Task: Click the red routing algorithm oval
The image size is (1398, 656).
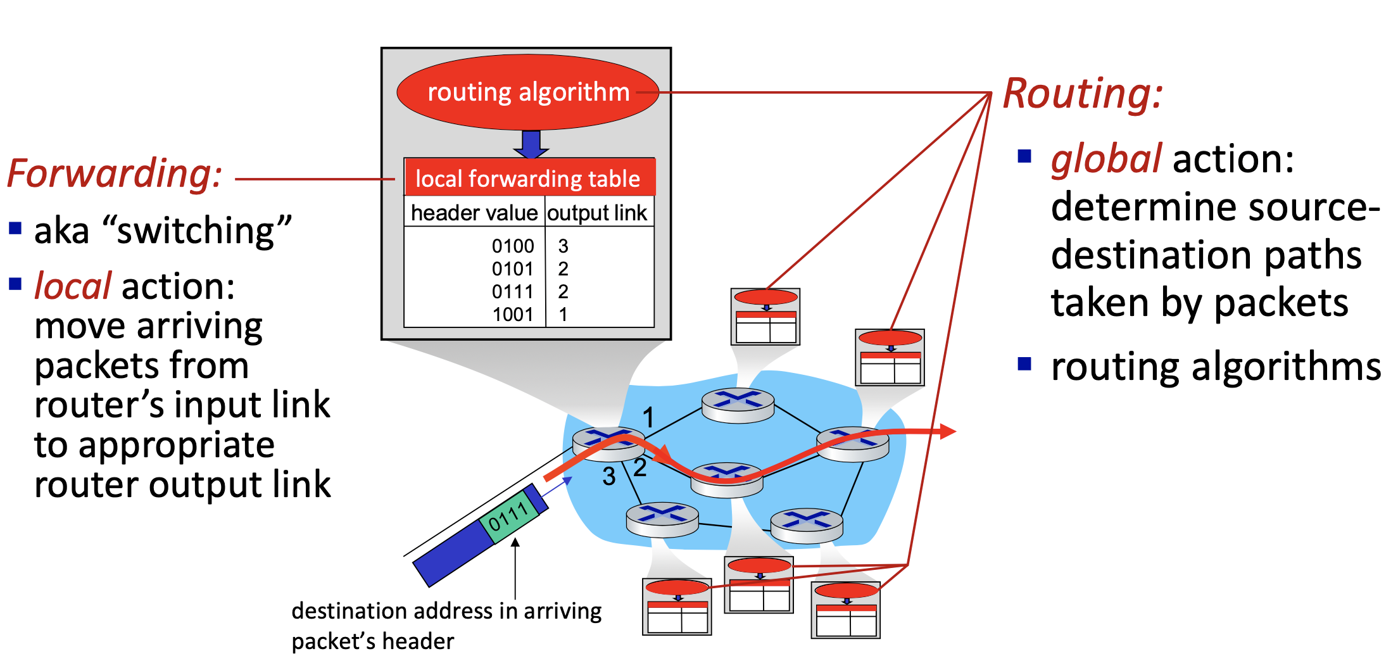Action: click(527, 92)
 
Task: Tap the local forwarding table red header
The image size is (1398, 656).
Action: click(529, 178)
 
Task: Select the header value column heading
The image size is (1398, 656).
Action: click(474, 213)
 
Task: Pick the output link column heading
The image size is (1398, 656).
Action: click(597, 213)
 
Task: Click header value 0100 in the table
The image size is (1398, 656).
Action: click(513, 246)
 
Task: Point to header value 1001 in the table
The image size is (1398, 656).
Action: click(513, 314)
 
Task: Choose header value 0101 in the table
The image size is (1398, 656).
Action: click(513, 268)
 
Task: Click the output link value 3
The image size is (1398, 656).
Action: click(563, 246)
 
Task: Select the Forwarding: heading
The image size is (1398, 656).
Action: click(115, 173)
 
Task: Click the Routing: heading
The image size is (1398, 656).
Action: click(1083, 94)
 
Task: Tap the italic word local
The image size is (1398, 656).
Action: click(73, 286)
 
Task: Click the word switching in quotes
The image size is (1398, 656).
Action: click(196, 230)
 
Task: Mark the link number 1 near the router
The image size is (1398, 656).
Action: click(648, 417)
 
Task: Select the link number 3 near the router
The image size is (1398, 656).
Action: click(609, 476)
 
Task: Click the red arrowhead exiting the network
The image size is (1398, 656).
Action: click(947, 432)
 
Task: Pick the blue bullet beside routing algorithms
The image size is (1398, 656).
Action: click(1024, 363)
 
